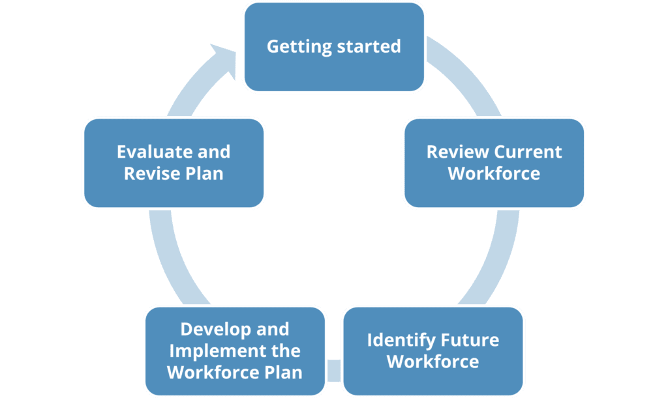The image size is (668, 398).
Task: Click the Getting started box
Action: click(333, 47)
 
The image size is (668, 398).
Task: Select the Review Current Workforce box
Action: click(494, 163)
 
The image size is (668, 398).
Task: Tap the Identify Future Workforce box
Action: click(433, 350)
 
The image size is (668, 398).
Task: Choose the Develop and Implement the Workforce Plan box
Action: click(235, 350)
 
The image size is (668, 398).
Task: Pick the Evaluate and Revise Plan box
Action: click(174, 163)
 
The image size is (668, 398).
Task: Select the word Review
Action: click(457, 152)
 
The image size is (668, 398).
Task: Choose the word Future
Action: click(471, 340)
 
